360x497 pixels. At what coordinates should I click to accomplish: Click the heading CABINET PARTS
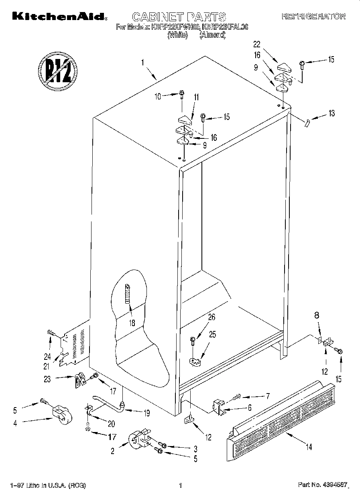coord(179,17)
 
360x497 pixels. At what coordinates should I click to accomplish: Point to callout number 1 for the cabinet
coord(142,63)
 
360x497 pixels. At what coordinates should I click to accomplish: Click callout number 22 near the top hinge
coord(257,44)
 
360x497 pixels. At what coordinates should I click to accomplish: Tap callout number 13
coord(331,113)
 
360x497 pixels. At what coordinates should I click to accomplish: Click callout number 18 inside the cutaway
coord(132,323)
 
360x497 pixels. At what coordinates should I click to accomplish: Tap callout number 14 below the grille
coord(308,446)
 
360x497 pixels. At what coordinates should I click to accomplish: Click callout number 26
coord(212,317)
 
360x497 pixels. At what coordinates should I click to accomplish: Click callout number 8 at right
coord(317,315)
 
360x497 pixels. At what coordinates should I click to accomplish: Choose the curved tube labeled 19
coord(106,403)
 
